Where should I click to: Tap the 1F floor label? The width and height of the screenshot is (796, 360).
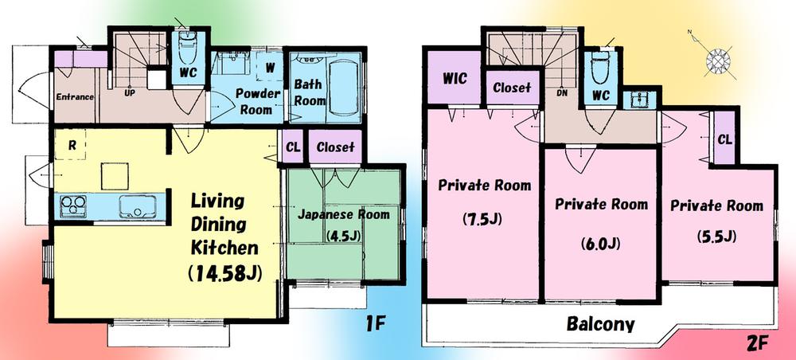click(x=377, y=323)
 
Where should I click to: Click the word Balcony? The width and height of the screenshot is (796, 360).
click(x=600, y=324)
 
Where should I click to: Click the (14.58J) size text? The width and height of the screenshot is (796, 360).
click(x=225, y=273)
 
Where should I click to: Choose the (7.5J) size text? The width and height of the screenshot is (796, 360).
click(x=484, y=219)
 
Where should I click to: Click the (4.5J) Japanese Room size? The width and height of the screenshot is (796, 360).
click(x=343, y=236)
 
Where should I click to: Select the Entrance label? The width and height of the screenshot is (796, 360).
click(x=75, y=97)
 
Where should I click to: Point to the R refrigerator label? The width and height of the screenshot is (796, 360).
click(x=72, y=147)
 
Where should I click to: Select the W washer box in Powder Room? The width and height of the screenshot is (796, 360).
click(x=271, y=67)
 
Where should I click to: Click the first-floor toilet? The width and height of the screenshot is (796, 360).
click(x=189, y=54)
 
